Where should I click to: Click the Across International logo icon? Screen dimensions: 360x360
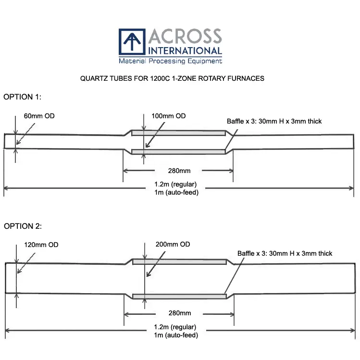coord(132,43)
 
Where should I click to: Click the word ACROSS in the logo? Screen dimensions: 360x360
coord(185,37)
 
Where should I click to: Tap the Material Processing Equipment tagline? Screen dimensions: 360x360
coord(170,61)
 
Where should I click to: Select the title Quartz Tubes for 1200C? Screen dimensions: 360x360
coord(172,78)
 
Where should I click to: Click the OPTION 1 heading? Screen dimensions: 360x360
coord(23,97)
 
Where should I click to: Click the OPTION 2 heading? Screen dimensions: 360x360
coord(23,225)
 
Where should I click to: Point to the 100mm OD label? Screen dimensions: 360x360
coord(168,116)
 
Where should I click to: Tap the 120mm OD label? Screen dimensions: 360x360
coord(41,245)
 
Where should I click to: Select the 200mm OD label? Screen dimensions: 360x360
coord(173,244)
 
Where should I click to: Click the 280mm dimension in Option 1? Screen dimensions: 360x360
coord(179,171)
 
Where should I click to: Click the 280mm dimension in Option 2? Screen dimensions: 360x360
coord(179,313)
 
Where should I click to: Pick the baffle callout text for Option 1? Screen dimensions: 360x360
coord(274,121)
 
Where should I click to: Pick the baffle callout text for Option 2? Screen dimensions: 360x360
coord(285,253)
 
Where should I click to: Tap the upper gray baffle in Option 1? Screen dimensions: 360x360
coord(178,133)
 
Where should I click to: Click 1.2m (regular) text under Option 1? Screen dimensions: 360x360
coord(175,185)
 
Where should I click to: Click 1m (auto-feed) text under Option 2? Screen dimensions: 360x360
coord(176,335)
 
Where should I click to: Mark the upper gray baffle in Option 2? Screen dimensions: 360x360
coord(179,262)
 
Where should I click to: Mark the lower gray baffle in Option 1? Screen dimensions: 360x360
coord(178,152)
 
